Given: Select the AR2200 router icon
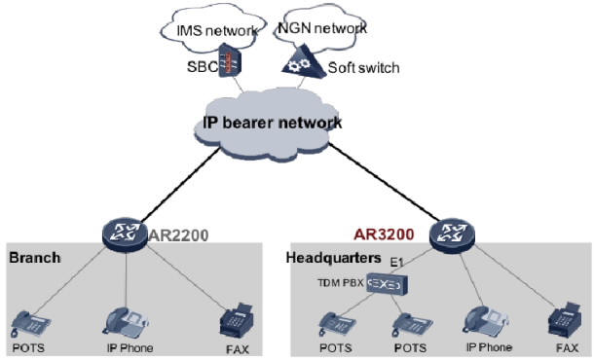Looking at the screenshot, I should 123,234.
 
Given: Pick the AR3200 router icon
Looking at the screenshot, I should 450,234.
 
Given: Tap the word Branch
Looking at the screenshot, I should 35,259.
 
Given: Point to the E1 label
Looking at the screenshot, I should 396,264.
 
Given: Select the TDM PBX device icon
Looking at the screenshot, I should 389,286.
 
